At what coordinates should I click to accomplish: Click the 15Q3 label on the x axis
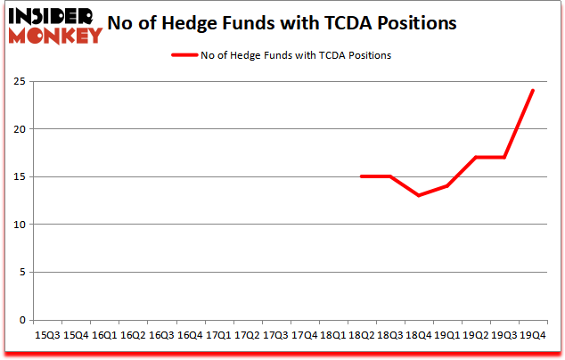point(46,335)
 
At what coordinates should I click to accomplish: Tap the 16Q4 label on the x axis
point(189,335)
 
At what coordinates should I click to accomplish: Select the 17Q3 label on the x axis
point(274,335)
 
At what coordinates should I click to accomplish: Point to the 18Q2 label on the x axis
point(360,335)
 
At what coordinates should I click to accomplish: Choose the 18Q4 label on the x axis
point(417,335)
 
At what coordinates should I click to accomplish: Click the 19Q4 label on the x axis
point(531,335)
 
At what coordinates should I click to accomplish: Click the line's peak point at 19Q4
point(532,91)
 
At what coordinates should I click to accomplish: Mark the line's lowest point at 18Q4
point(418,195)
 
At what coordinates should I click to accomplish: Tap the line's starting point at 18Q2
point(361,176)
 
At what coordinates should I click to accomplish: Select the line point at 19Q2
point(475,158)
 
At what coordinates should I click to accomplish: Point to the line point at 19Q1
point(446,186)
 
